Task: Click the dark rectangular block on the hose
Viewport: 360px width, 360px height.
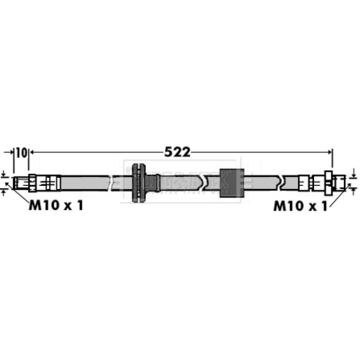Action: click(x=231, y=183)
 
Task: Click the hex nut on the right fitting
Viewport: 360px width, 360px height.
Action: click(x=329, y=182)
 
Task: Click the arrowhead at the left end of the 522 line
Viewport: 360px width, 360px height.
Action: click(x=32, y=152)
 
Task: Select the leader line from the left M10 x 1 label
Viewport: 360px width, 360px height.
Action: click(x=20, y=194)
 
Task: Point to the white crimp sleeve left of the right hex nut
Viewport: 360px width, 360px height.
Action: click(x=305, y=183)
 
